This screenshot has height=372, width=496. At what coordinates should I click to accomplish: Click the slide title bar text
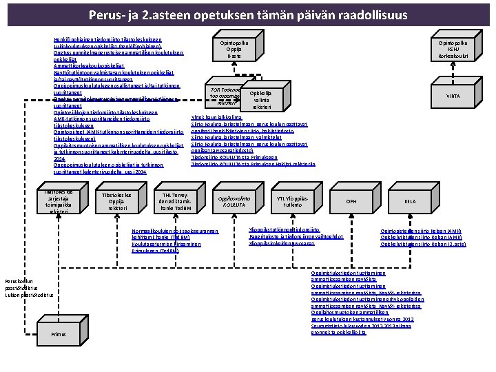pyautogui.click(x=248, y=15)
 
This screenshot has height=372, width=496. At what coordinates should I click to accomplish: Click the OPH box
pyautogui.click(x=352, y=201)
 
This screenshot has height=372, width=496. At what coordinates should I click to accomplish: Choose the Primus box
pyautogui.click(x=58, y=334)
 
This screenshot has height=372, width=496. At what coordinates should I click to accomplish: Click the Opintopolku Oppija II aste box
pyautogui.click(x=234, y=49)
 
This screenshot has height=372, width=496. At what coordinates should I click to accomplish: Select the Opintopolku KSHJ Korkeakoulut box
pyautogui.click(x=453, y=49)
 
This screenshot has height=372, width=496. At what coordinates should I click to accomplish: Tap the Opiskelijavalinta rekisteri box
pyautogui.click(x=261, y=100)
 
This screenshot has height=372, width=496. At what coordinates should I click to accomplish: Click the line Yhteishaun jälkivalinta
pyautogui.click(x=214, y=118)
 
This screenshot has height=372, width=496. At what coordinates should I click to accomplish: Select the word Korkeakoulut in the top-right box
pyautogui.click(x=453, y=56)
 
